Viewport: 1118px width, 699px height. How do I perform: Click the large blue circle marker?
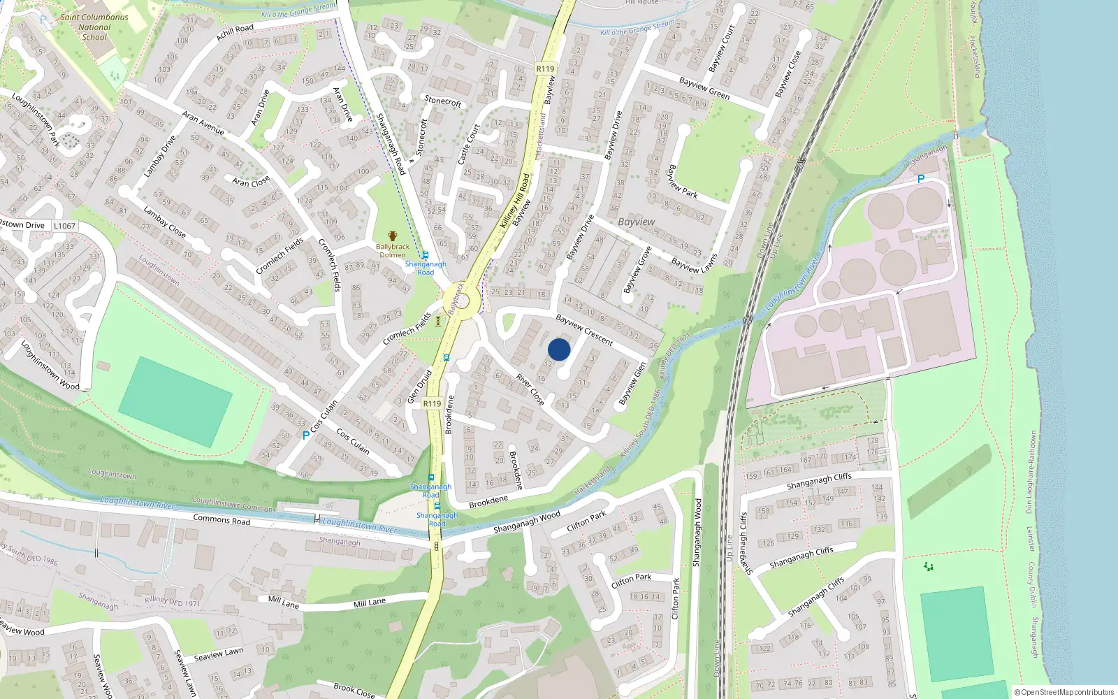559,349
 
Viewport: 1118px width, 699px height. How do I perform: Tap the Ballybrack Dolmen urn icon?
393,236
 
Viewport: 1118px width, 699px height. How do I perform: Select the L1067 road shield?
64,226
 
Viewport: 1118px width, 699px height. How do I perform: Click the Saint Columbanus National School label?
94,27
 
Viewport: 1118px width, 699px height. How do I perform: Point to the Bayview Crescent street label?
584,330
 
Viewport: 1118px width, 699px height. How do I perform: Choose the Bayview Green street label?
704,88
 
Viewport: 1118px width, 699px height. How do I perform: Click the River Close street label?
530,389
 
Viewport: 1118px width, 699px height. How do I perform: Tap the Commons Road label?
222,520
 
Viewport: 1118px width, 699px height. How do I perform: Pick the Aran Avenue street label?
203,122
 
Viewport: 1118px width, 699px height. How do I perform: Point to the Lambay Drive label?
159,155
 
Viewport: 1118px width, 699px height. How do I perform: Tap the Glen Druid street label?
419,387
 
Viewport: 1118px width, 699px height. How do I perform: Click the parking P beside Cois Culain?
305,435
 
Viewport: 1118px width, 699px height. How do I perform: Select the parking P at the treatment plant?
921,179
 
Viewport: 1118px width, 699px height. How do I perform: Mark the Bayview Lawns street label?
694,264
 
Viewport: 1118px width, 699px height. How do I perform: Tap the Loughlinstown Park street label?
36,120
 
